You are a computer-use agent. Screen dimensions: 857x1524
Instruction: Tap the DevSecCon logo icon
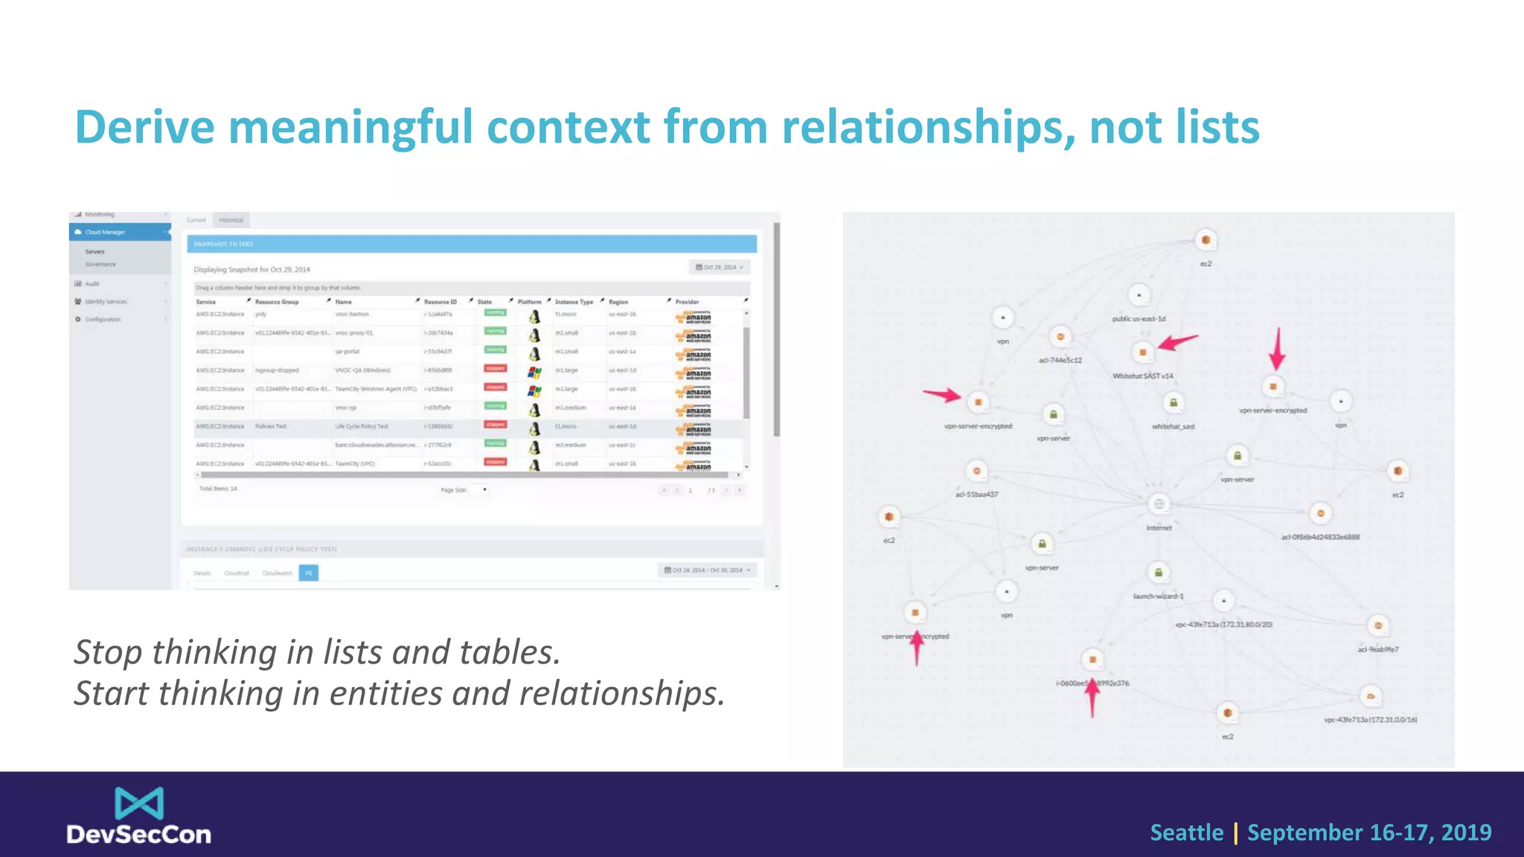click(139, 803)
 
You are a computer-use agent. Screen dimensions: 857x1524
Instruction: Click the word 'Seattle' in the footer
click(1186, 832)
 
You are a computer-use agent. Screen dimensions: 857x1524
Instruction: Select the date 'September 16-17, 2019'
click(1369, 832)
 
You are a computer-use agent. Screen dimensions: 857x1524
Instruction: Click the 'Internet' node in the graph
click(1159, 504)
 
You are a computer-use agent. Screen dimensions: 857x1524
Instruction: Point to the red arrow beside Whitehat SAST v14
click(1178, 342)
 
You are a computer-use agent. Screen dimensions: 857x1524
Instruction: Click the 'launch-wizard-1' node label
click(1158, 596)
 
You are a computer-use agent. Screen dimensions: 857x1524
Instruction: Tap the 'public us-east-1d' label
click(1139, 318)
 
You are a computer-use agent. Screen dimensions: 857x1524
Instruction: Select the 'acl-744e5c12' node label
click(1060, 360)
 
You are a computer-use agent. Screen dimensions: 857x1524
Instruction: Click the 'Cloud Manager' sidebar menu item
click(105, 232)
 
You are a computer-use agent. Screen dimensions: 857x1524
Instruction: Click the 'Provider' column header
click(687, 302)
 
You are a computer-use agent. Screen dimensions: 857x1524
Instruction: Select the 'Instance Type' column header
click(574, 302)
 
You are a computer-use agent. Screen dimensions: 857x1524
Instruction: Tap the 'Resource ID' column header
click(440, 302)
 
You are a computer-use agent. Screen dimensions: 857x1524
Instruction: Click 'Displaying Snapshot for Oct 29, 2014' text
click(252, 269)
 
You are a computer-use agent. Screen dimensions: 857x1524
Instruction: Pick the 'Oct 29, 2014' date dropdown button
click(719, 267)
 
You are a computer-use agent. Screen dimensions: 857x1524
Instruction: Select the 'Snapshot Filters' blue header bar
click(472, 244)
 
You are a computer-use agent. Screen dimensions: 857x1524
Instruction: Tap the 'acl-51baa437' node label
click(976, 494)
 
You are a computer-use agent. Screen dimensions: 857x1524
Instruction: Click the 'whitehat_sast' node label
click(1173, 426)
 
